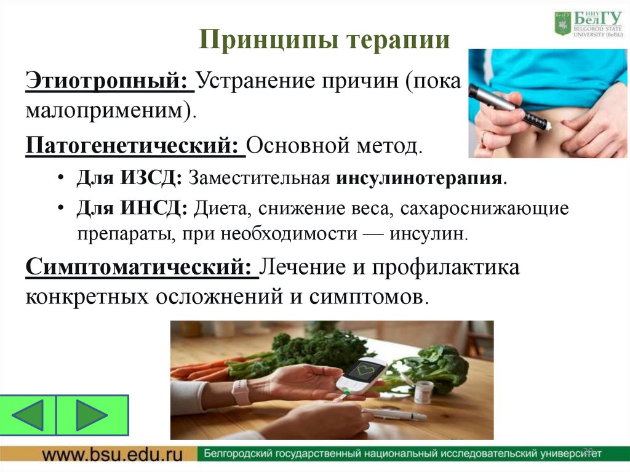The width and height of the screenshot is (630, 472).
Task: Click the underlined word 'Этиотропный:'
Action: (x=110, y=81)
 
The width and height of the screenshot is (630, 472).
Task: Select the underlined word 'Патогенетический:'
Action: (x=135, y=147)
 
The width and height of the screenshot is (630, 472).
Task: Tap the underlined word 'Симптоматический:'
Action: (x=142, y=268)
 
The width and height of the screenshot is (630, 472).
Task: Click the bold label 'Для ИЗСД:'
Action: (x=129, y=179)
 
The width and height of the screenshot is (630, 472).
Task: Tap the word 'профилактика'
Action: (x=452, y=268)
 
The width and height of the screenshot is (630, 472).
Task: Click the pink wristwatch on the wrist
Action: (x=241, y=392)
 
